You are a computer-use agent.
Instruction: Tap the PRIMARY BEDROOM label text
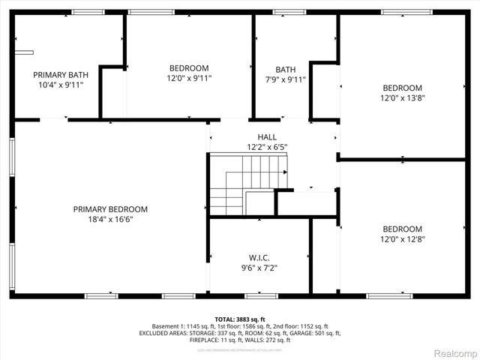tap(110, 209)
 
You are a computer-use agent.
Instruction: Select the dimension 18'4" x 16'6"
tap(110, 219)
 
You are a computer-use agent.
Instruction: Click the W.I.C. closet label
tap(259, 256)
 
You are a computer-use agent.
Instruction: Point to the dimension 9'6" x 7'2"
tap(259, 267)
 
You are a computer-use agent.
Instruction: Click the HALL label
tap(267, 136)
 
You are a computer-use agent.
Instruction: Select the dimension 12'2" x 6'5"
tap(267, 146)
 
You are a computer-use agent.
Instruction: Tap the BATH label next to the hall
tap(285, 68)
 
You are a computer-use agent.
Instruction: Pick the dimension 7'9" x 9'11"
tap(285, 78)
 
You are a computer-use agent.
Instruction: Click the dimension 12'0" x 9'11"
tap(189, 78)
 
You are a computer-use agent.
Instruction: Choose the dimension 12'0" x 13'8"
tap(403, 97)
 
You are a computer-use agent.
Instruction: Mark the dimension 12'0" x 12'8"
tap(403, 239)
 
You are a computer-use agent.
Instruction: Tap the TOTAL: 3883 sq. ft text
tap(240, 319)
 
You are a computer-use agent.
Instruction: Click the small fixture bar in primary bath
tap(25, 52)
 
